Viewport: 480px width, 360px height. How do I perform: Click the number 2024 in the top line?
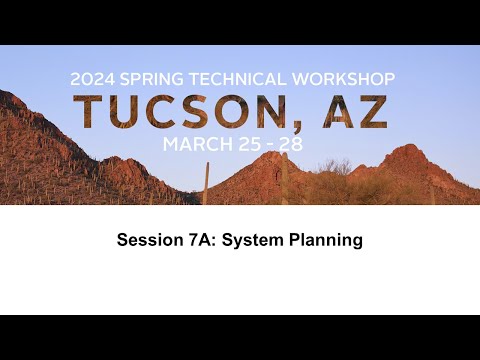tap(92, 78)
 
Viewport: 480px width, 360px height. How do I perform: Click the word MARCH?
tap(196, 145)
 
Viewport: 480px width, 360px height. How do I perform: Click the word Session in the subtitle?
tap(148, 240)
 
